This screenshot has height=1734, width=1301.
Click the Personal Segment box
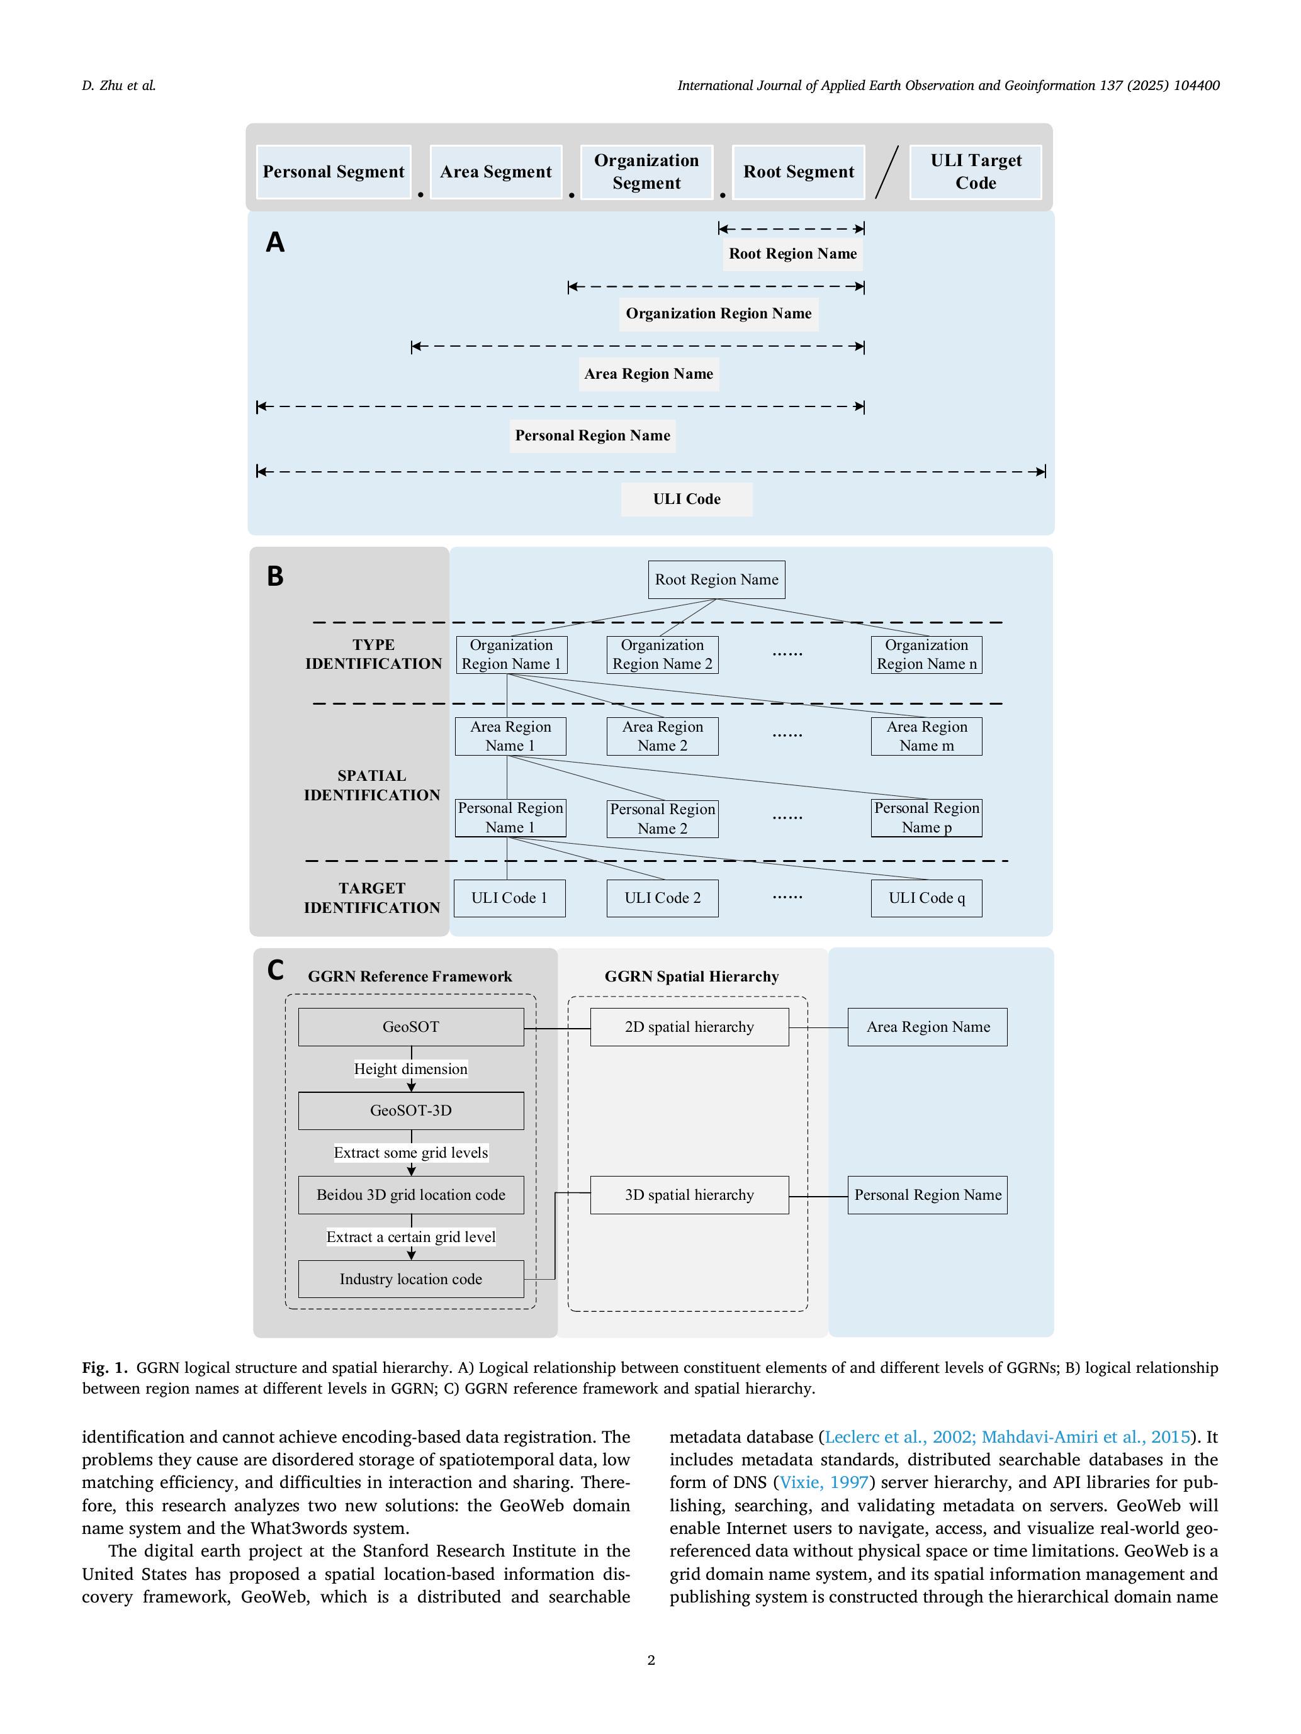pos(334,172)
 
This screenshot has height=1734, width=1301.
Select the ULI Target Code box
pos(976,172)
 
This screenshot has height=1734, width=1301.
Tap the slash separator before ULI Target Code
pos(887,172)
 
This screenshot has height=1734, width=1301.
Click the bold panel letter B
pos(274,576)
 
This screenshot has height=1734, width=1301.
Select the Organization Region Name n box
pos(926,654)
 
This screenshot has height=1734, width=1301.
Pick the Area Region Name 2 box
pos(662,736)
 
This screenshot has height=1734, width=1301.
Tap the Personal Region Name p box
pos(926,818)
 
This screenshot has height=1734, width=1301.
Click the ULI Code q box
pos(926,898)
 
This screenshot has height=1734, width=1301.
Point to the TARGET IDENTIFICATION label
pos(372,898)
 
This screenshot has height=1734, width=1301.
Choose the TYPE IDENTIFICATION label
pos(373,654)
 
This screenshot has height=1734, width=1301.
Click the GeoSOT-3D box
pos(411,1110)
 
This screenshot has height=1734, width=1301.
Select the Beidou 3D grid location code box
pos(411,1195)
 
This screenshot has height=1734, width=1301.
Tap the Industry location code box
pos(411,1279)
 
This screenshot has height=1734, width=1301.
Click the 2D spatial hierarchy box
pos(689,1027)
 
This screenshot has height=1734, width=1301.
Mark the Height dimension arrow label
pos(411,1069)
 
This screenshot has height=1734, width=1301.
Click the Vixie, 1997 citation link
pos(823,1482)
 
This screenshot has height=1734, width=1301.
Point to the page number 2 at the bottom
pos(651,1660)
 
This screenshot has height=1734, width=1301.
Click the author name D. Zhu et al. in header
pos(119,86)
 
